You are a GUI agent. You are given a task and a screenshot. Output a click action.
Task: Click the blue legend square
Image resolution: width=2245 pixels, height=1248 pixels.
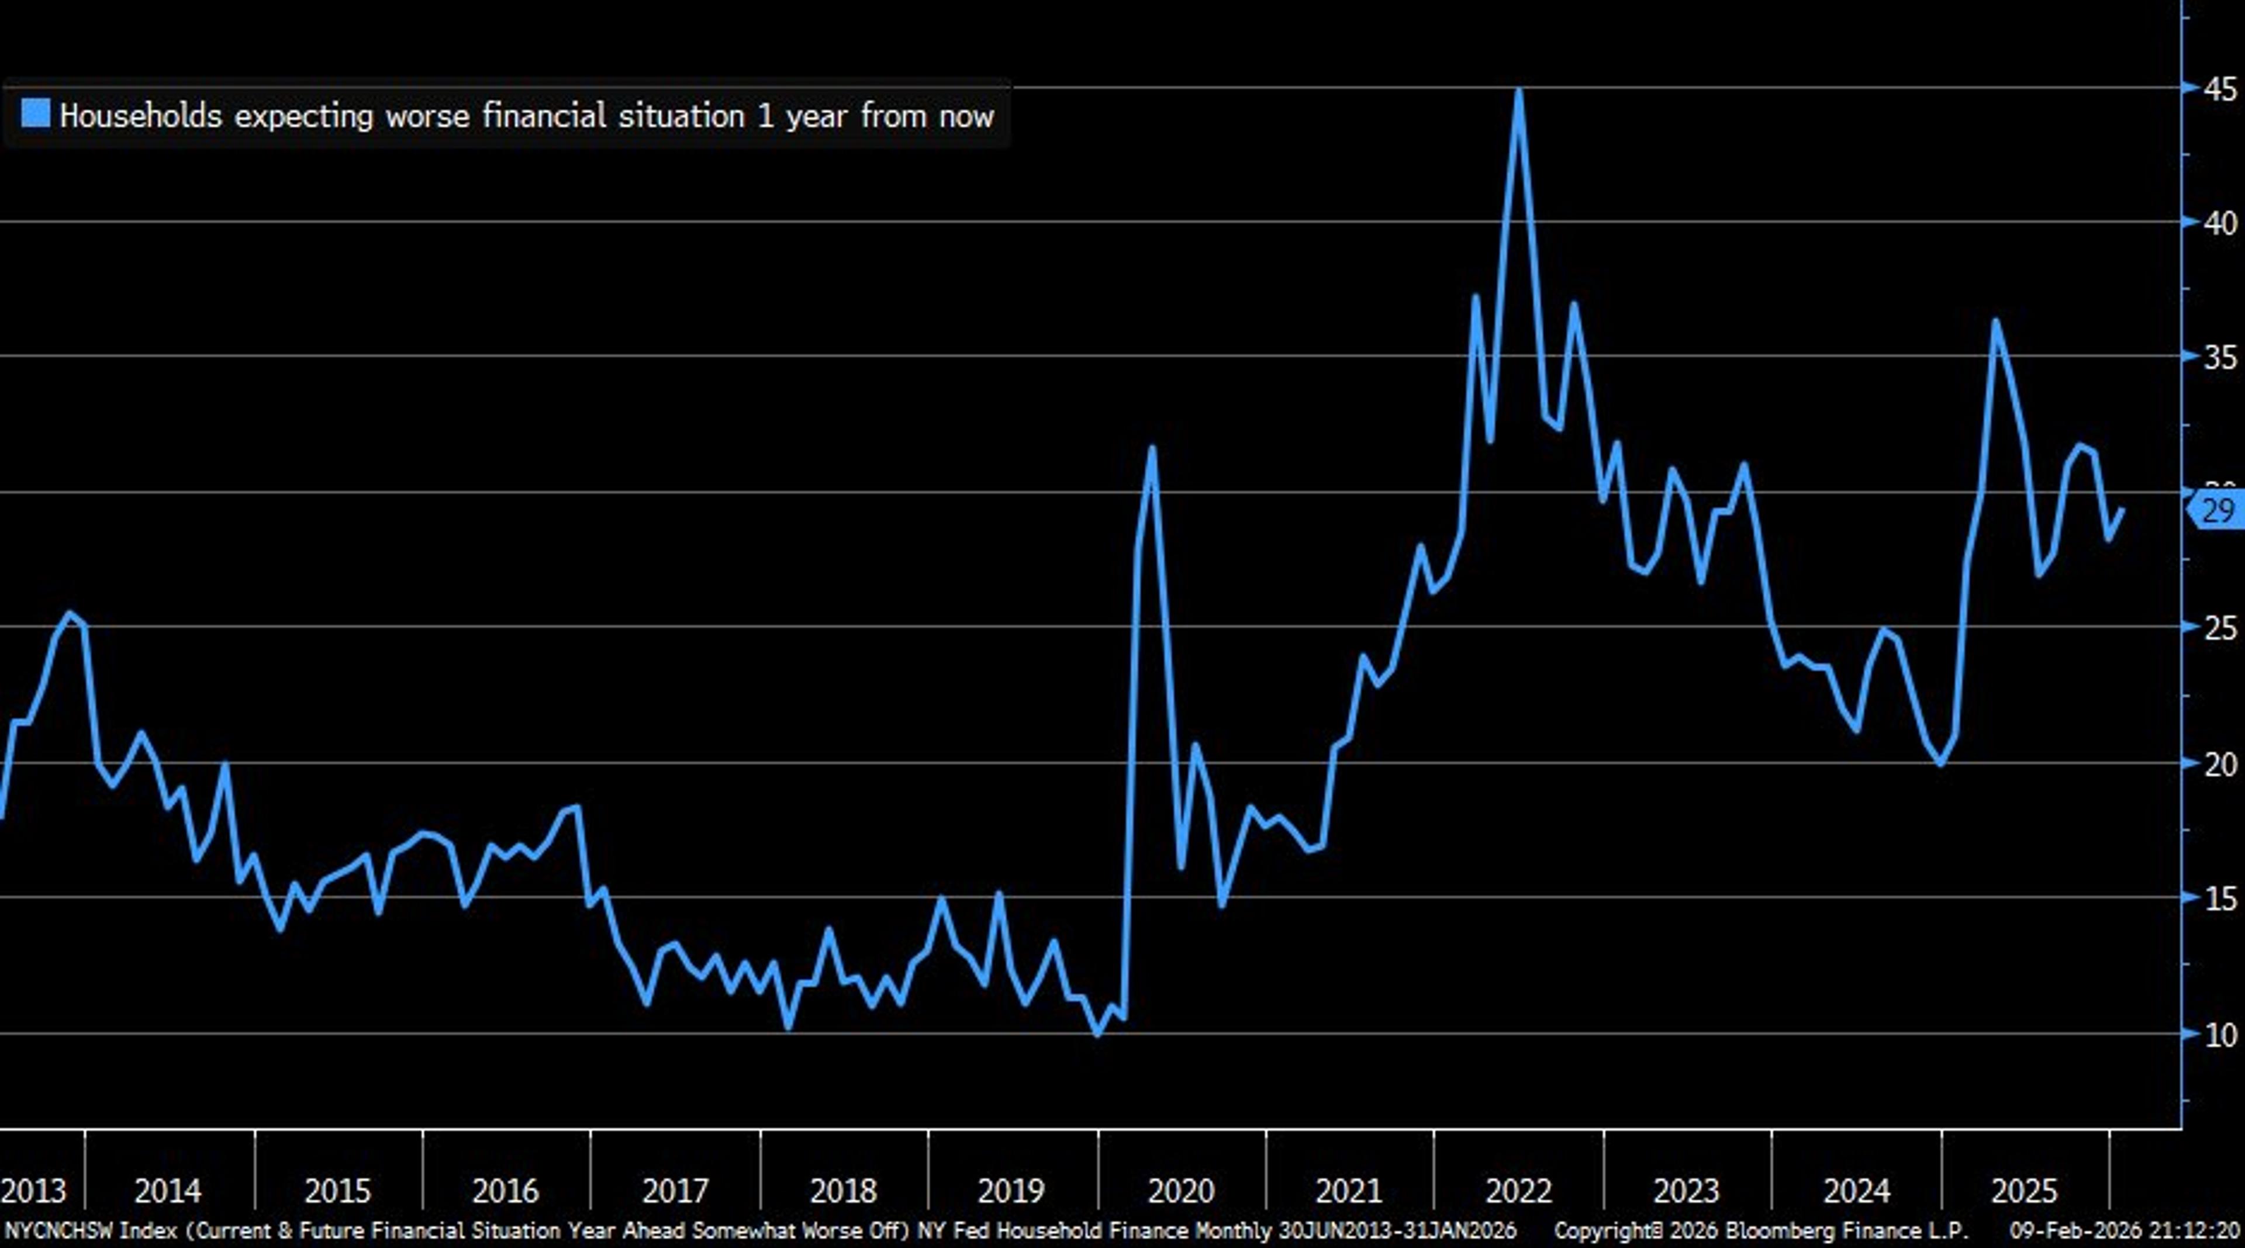point(36,113)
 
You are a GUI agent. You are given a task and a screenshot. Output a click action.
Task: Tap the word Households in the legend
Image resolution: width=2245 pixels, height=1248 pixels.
point(140,116)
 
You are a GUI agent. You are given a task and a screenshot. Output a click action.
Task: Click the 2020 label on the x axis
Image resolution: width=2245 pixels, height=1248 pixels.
point(1181,1191)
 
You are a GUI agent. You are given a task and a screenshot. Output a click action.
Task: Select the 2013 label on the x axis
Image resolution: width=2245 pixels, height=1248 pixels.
point(33,1191)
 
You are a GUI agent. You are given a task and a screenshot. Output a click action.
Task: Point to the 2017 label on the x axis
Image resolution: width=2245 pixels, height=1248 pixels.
point(675,1191)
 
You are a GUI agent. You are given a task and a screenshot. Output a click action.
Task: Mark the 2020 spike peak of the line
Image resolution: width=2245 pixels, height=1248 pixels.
point(1152,449)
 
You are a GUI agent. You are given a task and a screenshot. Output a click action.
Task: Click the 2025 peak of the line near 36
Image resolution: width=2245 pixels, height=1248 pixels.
point(1995,321)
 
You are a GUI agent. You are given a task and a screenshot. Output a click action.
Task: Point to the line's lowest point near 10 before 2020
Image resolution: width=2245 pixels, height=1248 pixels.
point(1097,1033)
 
